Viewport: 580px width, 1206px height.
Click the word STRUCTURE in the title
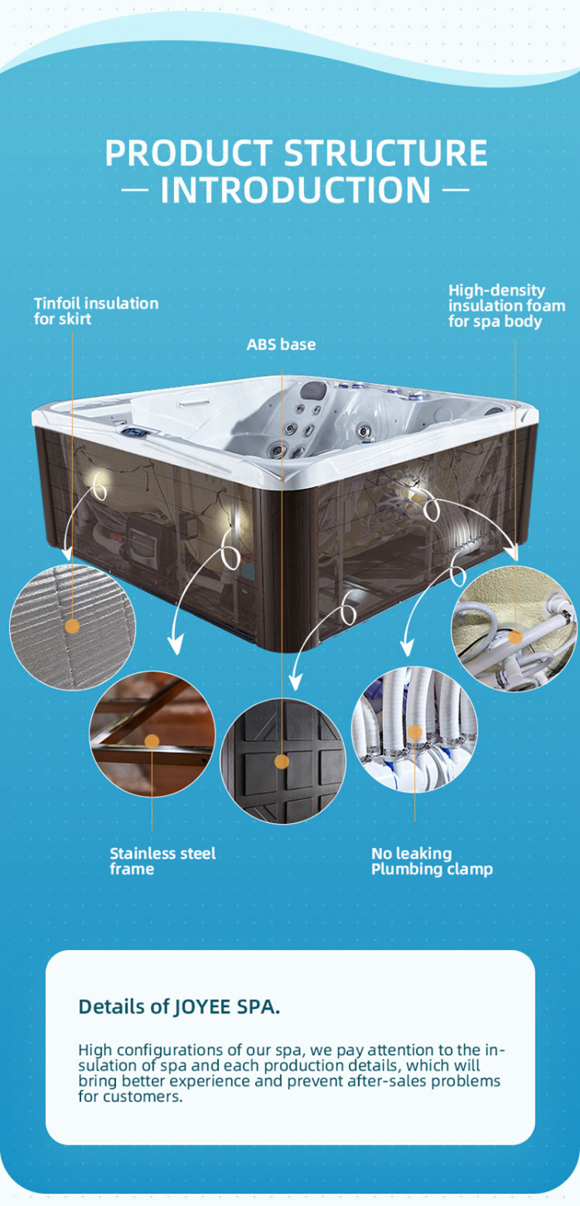click(386, 152)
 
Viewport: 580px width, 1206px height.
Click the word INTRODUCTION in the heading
click(295, 190)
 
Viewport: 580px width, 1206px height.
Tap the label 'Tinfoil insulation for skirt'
click(96, 310)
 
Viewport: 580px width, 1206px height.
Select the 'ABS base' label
click(281, 344)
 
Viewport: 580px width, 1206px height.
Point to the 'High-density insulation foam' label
click(507, 306)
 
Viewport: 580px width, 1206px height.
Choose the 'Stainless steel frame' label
click(162, 861)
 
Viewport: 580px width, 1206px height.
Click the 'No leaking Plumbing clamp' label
click(432, 861)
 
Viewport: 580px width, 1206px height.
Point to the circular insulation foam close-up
click(514, 628)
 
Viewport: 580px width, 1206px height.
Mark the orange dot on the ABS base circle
click(282, 762)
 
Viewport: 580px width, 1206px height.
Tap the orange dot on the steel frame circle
click(152, 742)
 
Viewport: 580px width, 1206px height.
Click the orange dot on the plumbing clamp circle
click(415, 732)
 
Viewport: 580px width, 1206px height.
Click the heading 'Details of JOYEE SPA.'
click(179, 1006)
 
